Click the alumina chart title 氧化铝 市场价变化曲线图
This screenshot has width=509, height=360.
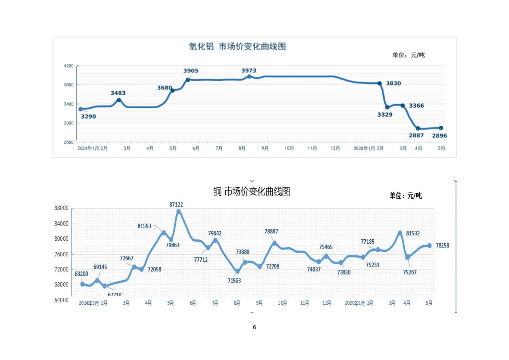tap(237, 46)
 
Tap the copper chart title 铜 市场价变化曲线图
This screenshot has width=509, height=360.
tap(251, 191)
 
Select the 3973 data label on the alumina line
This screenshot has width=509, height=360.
tap(248, 70)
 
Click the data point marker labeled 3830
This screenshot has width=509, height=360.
tap(379, 83)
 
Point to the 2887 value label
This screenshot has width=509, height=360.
tap(416, 135)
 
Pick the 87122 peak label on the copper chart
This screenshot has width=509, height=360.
tap(176, 204)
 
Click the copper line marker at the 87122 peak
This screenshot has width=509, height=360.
tap(178, 212)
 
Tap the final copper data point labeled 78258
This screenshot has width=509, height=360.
tap(430, 246)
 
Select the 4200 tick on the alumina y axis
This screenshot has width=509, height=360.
tap(69, 66)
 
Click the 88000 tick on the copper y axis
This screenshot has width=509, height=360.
tap(61, 208)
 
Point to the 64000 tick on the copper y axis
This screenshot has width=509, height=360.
tap(61, 300)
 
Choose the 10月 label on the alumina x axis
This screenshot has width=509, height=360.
tap(289, 148)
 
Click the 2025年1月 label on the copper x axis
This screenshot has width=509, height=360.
tap(355, 303)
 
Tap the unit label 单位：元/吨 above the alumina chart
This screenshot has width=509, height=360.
tap(408, 55)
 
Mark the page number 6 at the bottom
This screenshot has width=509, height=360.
tap(254, 327)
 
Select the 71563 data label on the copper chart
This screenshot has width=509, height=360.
tap(234, 281)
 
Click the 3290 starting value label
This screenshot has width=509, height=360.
tap(88, 117)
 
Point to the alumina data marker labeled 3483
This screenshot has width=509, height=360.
tap(119, 100)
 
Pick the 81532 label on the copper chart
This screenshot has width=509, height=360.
tap(413, 233)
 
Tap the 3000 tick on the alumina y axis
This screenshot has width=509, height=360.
tap(69, 123)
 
